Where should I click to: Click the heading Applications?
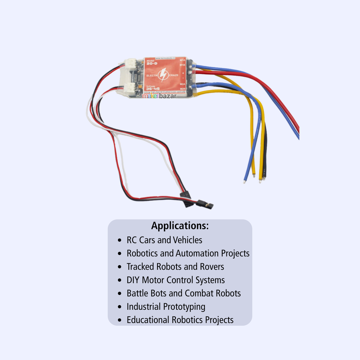point(180,226)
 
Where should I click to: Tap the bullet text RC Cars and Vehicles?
point(164,240)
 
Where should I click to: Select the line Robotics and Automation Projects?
point(188,253)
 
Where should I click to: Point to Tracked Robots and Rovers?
point(175,267)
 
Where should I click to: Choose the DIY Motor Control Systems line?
point(175,280)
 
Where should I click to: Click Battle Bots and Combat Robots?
point(184,293)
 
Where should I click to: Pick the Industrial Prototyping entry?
point(166,307)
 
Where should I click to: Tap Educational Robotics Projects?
point(180,320)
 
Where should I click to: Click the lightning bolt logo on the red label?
point(163,75)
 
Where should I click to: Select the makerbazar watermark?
point(159,96)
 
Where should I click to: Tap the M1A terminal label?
point(182,60)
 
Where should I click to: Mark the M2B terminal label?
point(182,89)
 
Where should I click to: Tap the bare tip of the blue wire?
point(244,182)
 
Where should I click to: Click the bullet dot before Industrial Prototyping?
point(120,307)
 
